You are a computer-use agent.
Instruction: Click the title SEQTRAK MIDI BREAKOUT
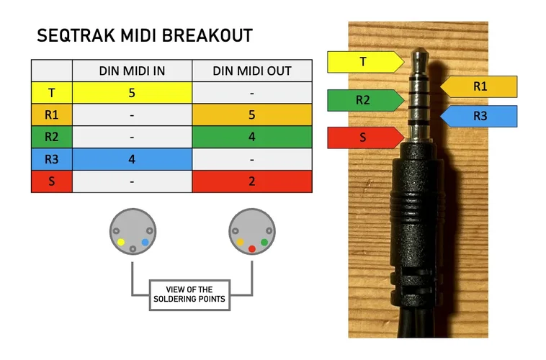pos(145,36)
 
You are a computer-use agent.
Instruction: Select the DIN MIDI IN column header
pos(132,70)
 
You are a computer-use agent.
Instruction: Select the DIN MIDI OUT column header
pos(252,70)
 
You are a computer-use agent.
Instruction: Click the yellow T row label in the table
pos(51,92)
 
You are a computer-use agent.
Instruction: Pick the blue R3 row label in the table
pos(51,159)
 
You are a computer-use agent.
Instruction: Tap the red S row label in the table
pos(51,181)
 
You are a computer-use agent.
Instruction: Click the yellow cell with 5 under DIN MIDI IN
pos(132,92)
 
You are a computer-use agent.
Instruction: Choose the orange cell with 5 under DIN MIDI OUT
pos(252,114)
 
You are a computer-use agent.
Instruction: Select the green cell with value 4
pos(252,137)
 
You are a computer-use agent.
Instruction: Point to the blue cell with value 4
pos(132,159)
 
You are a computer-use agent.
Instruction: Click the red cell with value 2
pos(252,181)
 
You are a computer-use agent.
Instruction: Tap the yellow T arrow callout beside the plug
pos(363,62)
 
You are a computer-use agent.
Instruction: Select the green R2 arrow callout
pos(363,100)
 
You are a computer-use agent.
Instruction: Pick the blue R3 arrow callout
pos(480,116)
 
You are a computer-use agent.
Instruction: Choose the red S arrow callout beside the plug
pos(363,138)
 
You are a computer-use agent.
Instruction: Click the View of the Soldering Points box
pos(189,294)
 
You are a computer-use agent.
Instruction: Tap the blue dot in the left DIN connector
pos(145,242)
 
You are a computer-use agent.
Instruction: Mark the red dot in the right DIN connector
pos(251,248)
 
